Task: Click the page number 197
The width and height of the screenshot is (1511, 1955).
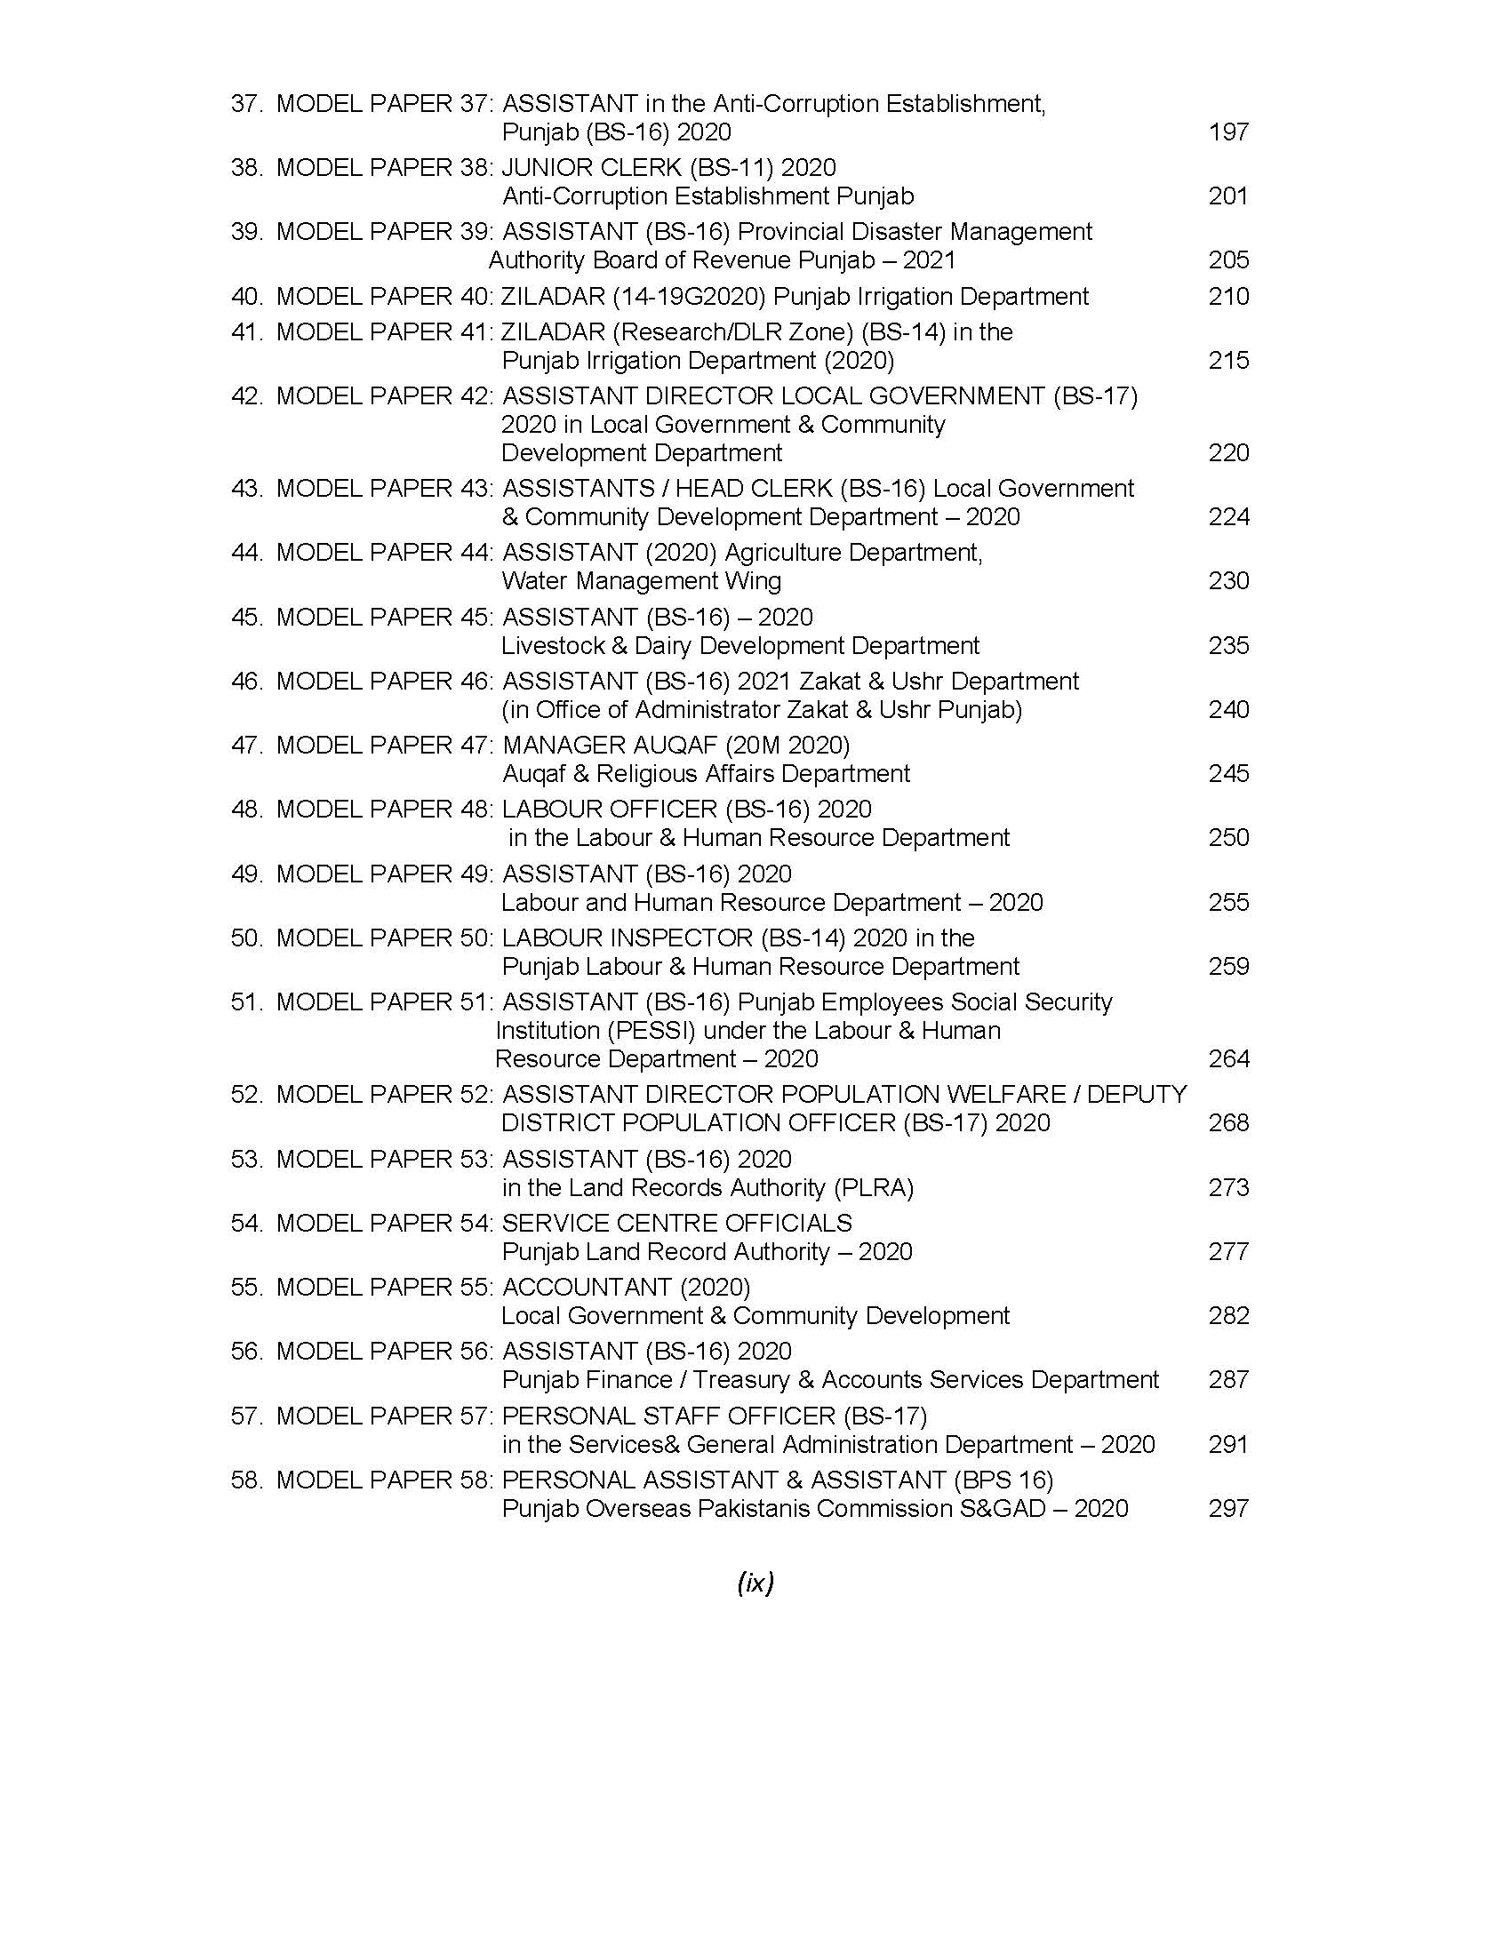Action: click(1228, 132)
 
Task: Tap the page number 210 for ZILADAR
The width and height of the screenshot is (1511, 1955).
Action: click(1228, 296)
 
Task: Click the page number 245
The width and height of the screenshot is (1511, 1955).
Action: click(1228, 773)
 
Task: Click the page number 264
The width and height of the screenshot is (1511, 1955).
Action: click(1228, 1059)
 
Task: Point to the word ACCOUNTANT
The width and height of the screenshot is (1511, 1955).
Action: click(587, 1288)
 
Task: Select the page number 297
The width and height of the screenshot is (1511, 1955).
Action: click(1228, 1508)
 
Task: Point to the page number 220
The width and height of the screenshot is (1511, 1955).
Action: click(1228, 453)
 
